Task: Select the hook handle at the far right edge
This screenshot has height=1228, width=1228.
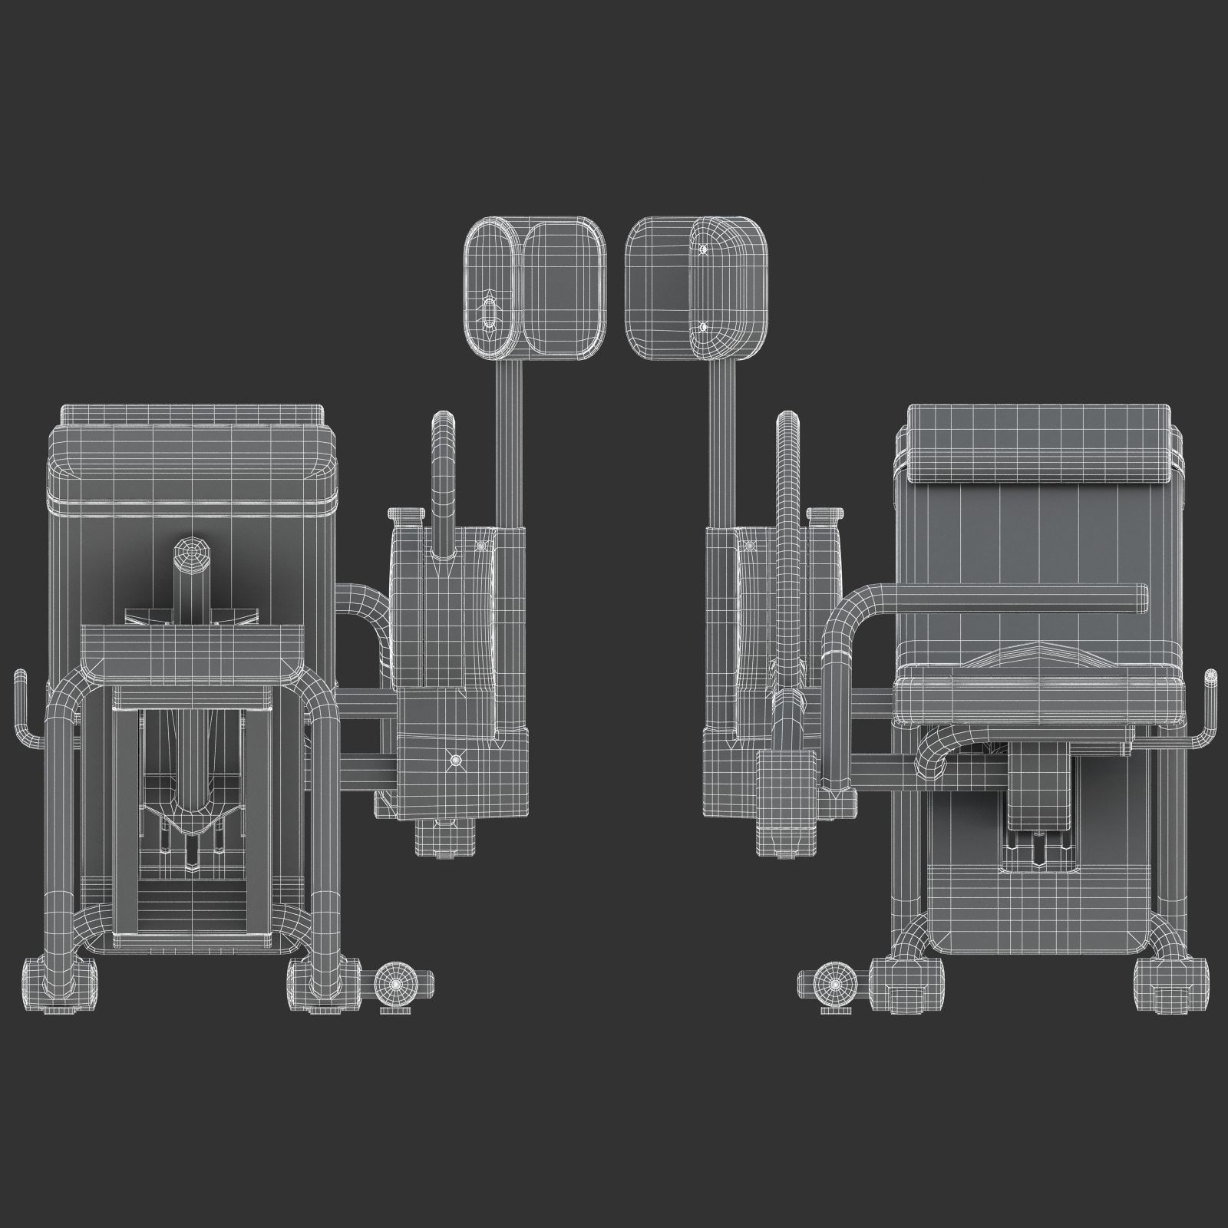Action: click(x=1208, y=706)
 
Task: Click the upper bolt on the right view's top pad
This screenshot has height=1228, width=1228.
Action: click(x=703, y=249)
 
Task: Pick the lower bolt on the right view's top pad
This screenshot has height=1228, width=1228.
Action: click(x=703, y=327)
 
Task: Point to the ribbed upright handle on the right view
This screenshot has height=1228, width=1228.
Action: click(x=787, y=537)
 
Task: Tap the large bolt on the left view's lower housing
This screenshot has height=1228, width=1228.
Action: click(x=456, y=759)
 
